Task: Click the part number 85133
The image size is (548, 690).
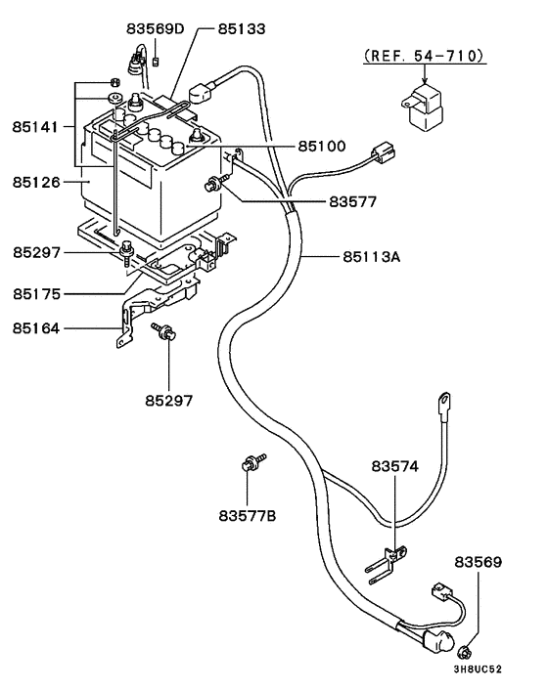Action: [x=242, y=29]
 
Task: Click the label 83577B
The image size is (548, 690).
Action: [x=248, y=514]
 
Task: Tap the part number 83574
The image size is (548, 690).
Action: [x=394, y=468]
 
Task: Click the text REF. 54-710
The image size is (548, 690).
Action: [x=425, y=57]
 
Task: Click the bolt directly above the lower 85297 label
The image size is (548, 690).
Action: [x=164, y=334]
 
